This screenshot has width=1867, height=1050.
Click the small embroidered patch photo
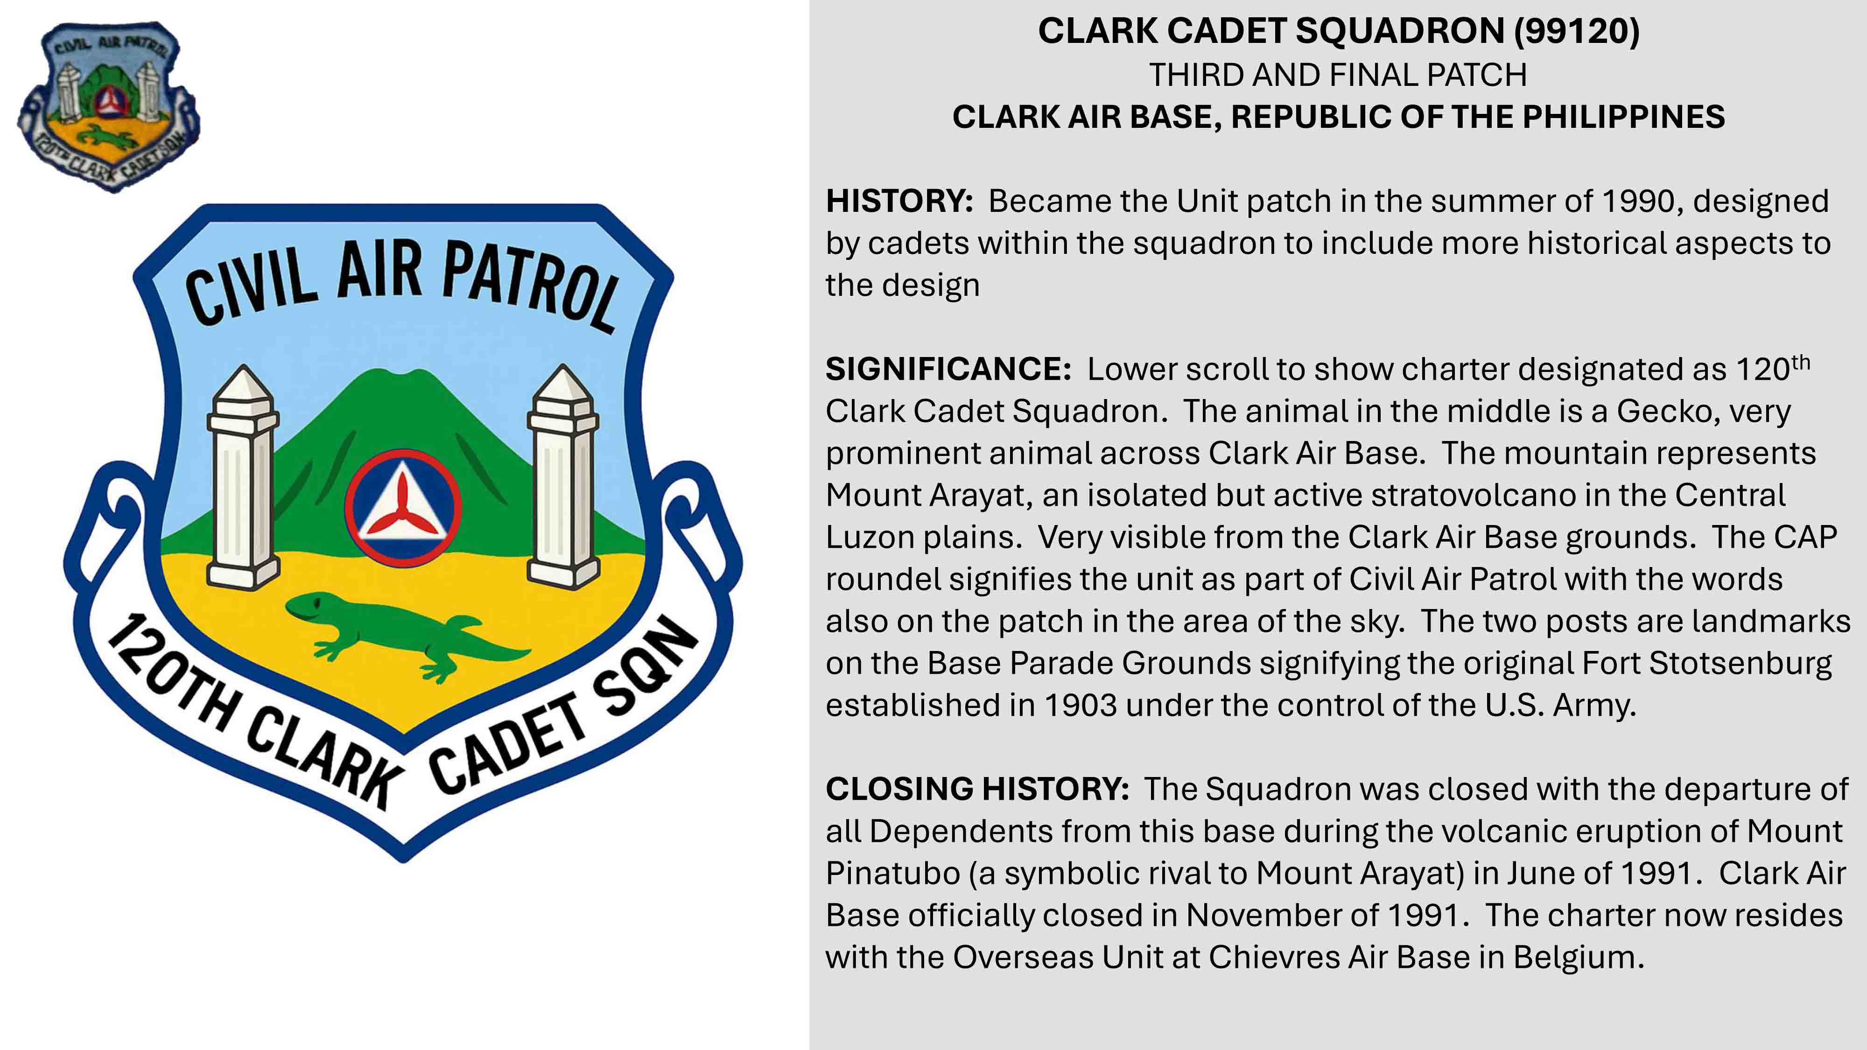point(109,106)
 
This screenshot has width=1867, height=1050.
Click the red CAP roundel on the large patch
point(403,508)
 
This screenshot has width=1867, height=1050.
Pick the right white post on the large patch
point(563,476)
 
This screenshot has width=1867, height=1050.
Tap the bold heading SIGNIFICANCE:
point(948,369)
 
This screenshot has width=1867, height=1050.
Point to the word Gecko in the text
point(1665,411)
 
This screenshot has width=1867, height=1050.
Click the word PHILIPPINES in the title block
point(1624,117)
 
